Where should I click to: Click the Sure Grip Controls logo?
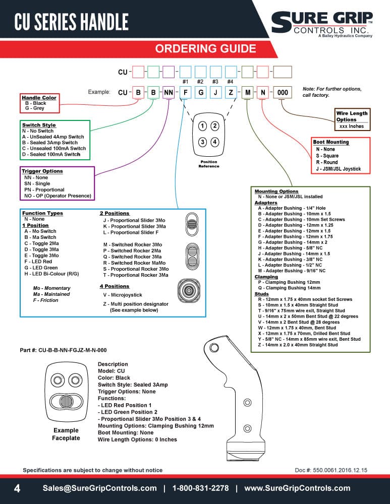322,24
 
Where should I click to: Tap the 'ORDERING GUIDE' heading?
206,48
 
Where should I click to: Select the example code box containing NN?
169,93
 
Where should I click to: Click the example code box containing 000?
283,93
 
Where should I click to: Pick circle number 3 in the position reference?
202,142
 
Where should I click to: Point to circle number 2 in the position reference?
215,125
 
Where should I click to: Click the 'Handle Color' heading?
39,98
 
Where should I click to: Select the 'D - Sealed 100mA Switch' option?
51,154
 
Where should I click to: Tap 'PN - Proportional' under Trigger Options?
44,190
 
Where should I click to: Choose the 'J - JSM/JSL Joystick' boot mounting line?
338,169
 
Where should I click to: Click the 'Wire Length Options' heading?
352,116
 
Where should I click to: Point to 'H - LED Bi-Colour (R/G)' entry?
51,274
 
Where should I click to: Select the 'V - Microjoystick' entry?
123,295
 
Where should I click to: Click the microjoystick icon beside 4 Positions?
189,291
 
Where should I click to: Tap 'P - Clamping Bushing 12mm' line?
289,282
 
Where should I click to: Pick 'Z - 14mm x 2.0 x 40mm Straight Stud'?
298,345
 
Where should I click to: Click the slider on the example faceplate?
67,402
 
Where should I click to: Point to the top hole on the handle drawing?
214,347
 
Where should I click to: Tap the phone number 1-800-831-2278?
200,488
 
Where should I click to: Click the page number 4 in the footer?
17,488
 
